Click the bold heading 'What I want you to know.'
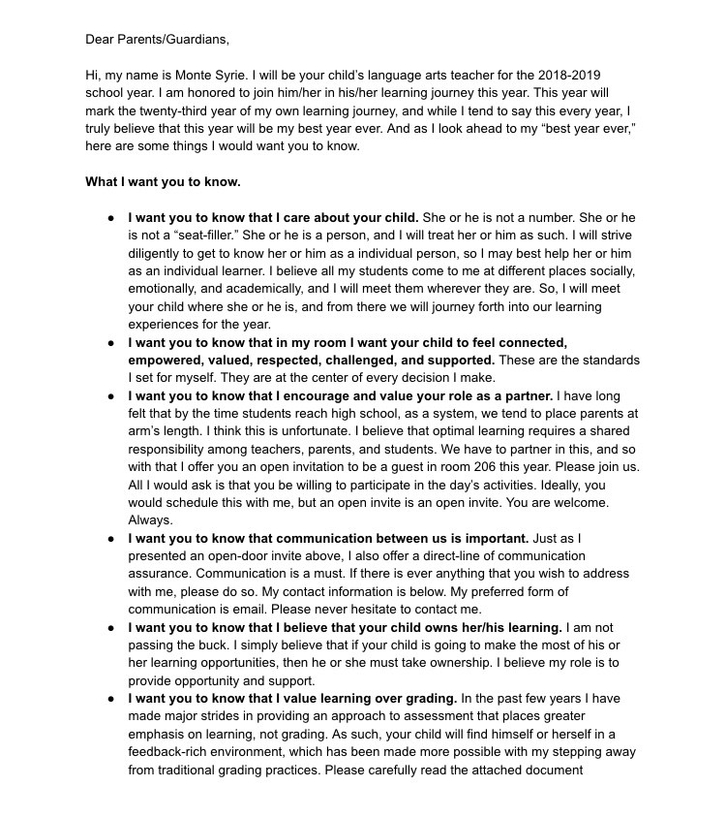coord(163,181)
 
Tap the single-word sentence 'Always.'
coord(150,520)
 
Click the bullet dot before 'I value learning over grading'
coord(111,699)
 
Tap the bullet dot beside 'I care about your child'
coord(111,217)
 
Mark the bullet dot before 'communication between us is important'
coord(111,539)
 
